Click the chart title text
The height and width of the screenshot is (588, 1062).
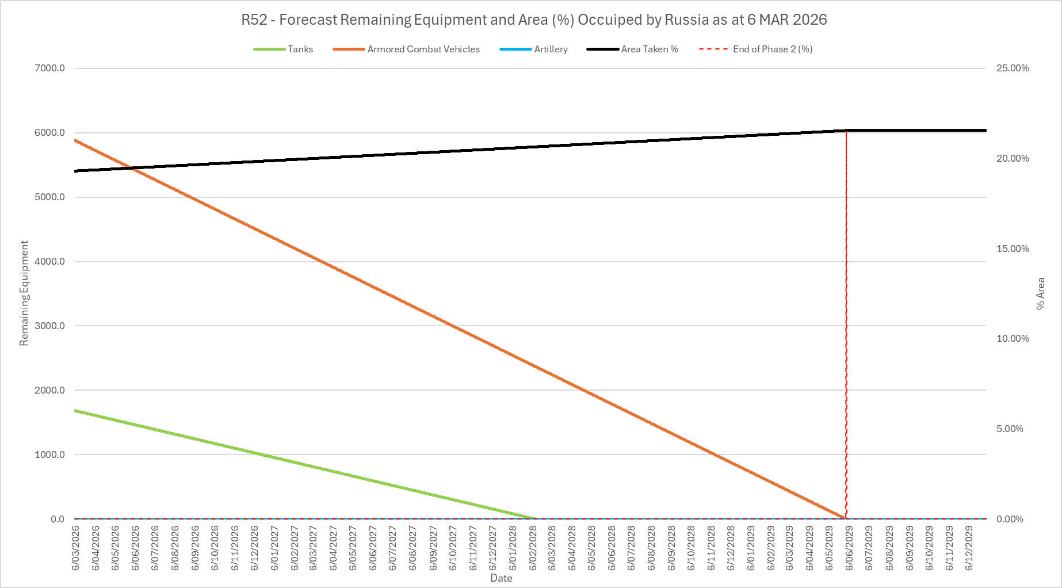pyautogui.click(x=534, y=20)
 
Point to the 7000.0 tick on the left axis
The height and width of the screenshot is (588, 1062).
pyautogui.click(x=50, y=68)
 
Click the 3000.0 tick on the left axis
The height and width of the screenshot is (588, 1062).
pyautogui.click(x=50, y=326)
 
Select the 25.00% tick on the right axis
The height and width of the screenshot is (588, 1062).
pyautogui.click(x=1013, y=68)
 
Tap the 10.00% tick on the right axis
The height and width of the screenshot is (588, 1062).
pyautogui.click(x=1013, y=339)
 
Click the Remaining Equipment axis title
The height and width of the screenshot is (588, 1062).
pyautogui.click(x=24, y=293)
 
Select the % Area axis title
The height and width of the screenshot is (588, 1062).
pyautogui.click(x=1041, y=293)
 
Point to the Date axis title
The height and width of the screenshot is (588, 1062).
pyautogui.click(x=501, y=578)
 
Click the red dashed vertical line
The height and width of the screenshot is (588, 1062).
pyautogui.click(x=846, y=322)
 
